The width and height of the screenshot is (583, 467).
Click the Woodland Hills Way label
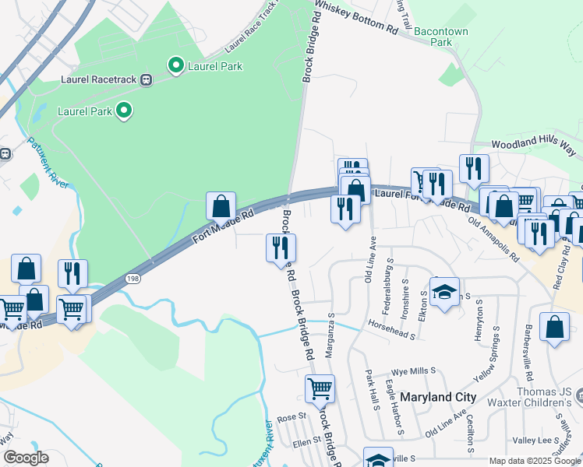535,146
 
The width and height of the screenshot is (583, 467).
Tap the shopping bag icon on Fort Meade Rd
221,207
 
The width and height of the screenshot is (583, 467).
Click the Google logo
25,458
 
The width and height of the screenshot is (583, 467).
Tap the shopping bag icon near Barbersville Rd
555,327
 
